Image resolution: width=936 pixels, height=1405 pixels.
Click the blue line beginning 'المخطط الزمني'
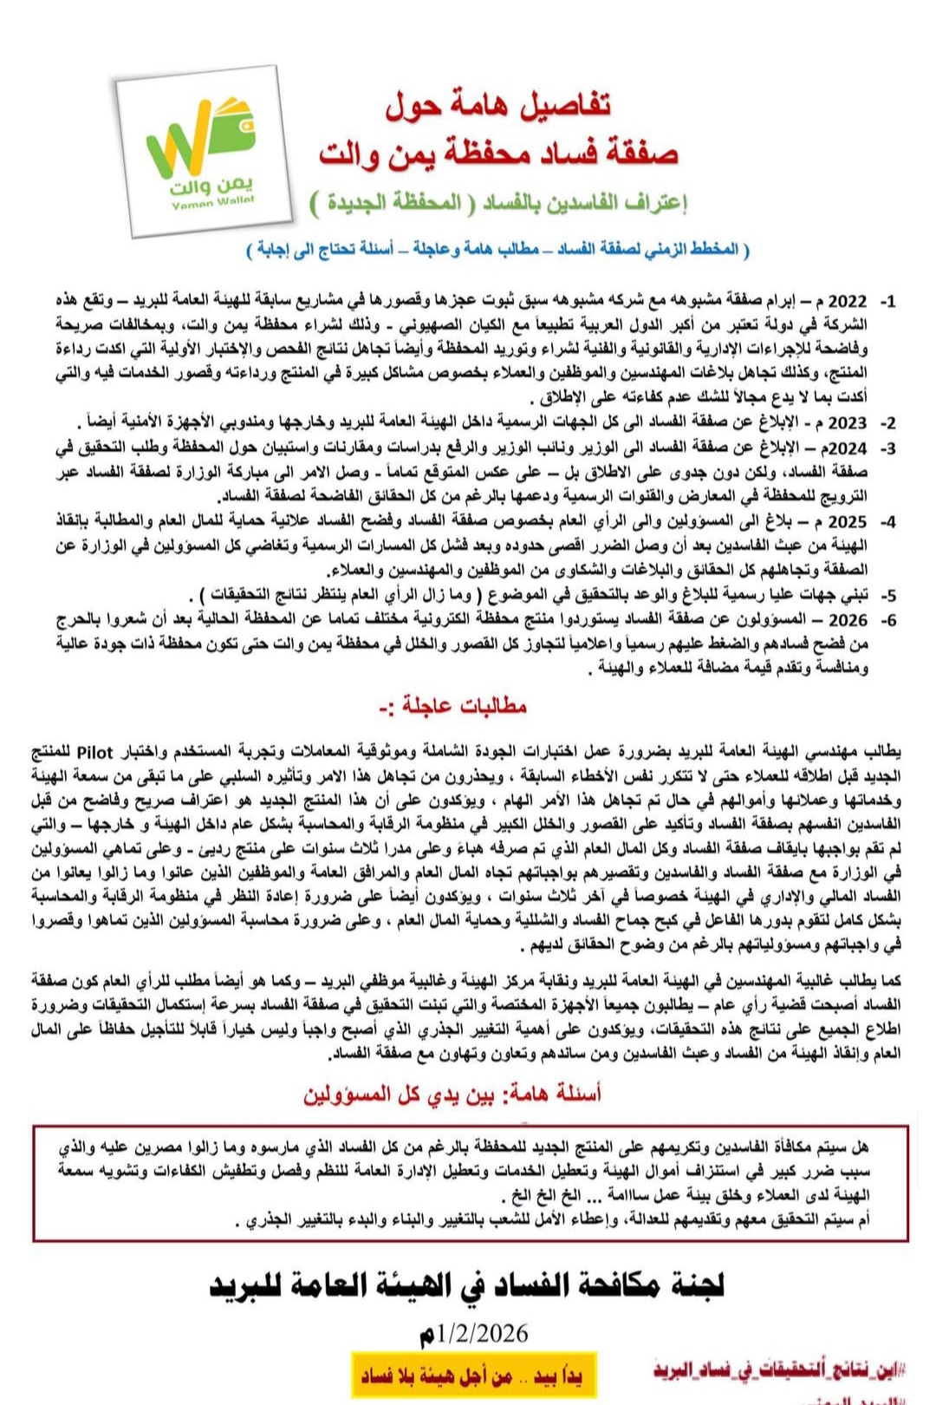pos(498,249)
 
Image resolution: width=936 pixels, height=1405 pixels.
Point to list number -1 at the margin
pos(887,302)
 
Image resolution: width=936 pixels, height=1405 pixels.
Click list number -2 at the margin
pos(887,423)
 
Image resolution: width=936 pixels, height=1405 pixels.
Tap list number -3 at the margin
pos(887,448)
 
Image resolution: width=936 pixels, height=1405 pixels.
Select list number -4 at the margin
pos(887,522)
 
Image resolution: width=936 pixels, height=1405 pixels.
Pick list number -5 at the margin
pos(887,596)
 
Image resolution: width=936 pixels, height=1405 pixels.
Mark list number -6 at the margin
pos(887,620)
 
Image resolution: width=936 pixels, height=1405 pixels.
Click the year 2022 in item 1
pos(848,301)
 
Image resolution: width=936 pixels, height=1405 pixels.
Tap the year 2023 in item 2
pos(848,423)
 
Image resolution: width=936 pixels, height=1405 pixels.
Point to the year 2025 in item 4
pos(848,522)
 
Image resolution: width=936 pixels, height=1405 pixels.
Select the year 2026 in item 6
pos(848,620)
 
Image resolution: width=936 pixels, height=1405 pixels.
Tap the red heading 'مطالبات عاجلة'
pos(453,706)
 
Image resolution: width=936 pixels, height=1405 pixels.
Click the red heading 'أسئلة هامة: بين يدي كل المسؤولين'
pos(452,1095)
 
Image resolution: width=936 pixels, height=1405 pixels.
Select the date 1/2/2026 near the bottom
pos(473,1333)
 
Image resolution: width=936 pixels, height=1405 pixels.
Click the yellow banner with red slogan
pos(473,1376)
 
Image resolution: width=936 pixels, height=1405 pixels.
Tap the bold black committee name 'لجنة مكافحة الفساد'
pos(468,1285)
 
